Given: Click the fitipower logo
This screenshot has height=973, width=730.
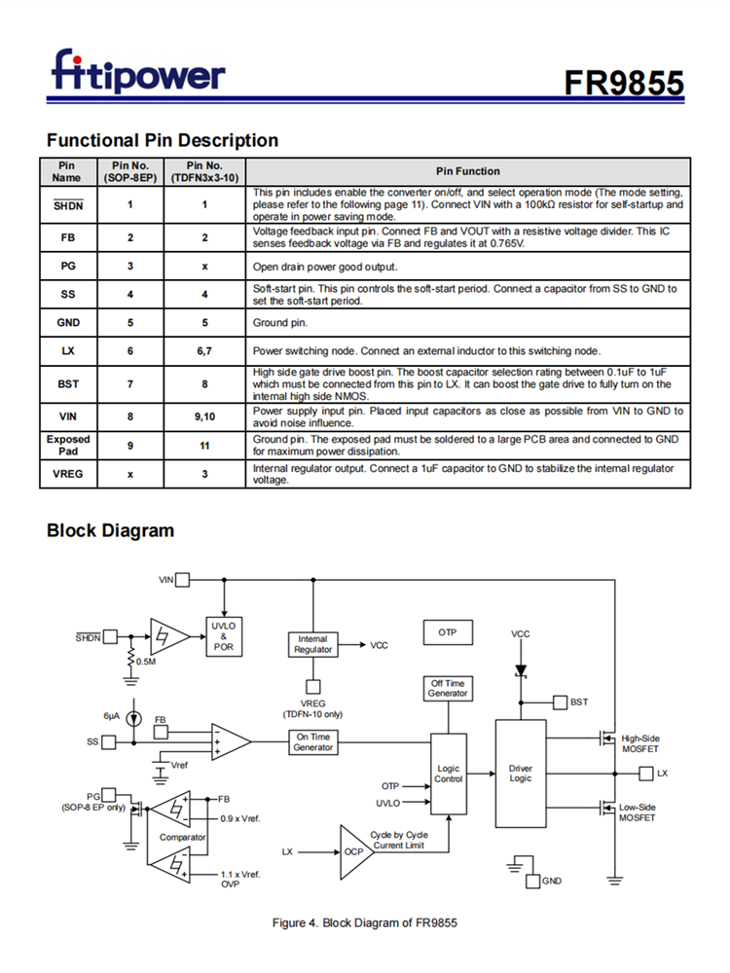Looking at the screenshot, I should pyautogui.click(x=137, y=72).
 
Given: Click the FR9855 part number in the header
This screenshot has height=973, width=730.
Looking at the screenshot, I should pyautogui.click(x=624, y=84).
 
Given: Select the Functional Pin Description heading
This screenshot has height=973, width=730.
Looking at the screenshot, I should pyautogui.click(x=163, y=140).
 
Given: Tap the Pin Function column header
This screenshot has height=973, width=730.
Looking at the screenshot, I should pyautogui.click(x=468, y=171).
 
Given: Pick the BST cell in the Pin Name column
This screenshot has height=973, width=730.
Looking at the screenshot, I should pyautogui.click(x=68, y=384).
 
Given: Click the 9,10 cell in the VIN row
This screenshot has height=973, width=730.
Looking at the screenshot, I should pyautogui.click(x=204, y=415).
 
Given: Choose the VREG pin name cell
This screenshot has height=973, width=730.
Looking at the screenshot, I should pyautogui.click(x=68, y=475).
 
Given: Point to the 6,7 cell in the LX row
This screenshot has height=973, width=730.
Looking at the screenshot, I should pyautogui.click(x=204, y=351).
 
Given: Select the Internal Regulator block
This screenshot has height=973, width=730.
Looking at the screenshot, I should pyautogui.click(x=312, y=644).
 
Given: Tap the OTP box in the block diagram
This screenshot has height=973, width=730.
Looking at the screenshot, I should pyautogui.click(x=447, y=632).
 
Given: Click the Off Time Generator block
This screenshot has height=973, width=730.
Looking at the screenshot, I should pyautogui.click(x=448, y=688).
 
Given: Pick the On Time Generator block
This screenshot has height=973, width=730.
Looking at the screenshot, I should pyautogui.click(x=313, y=741).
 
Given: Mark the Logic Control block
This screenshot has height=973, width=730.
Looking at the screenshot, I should pyautogui.click(x=449, y=774).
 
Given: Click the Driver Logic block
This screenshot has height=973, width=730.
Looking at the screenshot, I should pyautogui.click(x=521, y=774).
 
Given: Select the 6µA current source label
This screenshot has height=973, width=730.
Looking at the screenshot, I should pyautogui.click(x=112, y=715).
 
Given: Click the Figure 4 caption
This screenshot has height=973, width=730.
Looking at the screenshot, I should pyautogui.click(x=364, y=922).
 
